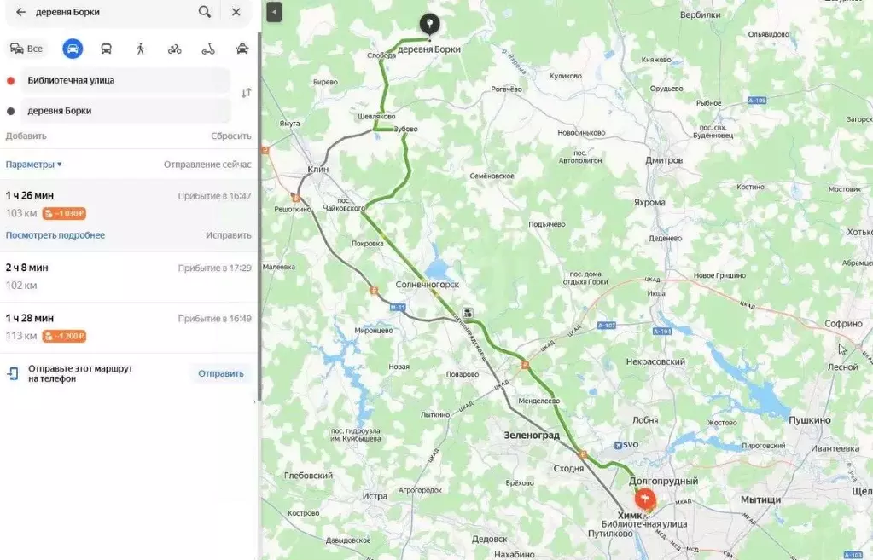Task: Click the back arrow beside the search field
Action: [20, 12]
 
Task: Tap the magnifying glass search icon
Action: [205, 12]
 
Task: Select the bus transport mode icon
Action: [107, 49]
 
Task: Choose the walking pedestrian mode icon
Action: [141, 49]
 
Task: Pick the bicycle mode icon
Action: [175, 49]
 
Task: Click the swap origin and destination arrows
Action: [246, 93]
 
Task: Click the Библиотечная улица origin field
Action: [119, 80]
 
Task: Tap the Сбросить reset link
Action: [230, 136]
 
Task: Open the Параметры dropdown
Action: [34, 165]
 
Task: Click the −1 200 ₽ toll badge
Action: [65, 336]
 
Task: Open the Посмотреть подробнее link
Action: [55, 235]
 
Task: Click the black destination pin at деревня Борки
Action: [429, 26]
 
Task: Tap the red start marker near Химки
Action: [646, 498]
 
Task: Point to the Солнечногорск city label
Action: [428, 285]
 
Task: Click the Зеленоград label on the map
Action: [532, 436]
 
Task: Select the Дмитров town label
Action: [664, 160]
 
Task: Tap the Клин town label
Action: [317, 170]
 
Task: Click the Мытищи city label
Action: [760, 500]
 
